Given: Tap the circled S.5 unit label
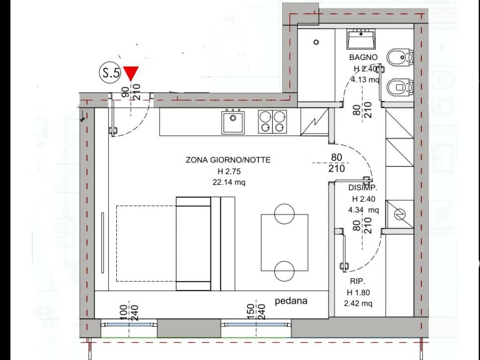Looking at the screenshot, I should click(x=110, y=73).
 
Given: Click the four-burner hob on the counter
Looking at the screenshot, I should click(x=272, y=122).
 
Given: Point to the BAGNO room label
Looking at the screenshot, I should click(x=363, y=57).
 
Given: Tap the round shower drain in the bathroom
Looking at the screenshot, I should click(x=316, y=42).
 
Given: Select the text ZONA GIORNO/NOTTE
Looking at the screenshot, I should click(x=228, y=160).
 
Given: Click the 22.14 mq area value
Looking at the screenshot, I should click(x=228, y=182).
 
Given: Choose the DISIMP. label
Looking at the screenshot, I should click(x=363, y=187).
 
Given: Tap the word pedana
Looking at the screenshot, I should click(x=291, y=301).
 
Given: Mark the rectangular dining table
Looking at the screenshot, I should click(x=285, y=243).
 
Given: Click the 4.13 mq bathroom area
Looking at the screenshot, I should click(x=366, y=79).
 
